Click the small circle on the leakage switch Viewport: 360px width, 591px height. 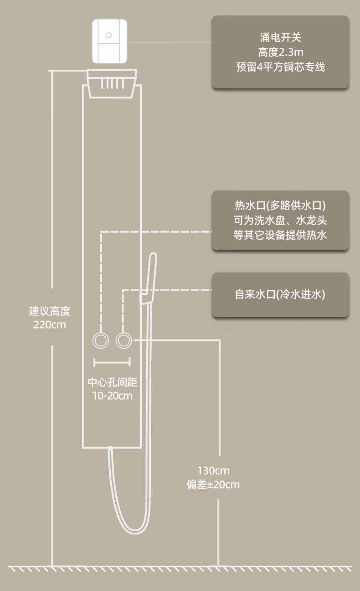(x=108, y=35)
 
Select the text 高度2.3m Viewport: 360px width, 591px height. (x=280, y=52)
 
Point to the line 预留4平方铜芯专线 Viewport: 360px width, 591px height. (x=280, y=67)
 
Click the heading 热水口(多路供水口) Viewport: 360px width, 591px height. (x=280, y=206)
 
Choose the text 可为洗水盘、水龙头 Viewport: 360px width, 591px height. (x=280, y=221)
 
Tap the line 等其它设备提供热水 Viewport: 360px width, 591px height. (x=280, y=235)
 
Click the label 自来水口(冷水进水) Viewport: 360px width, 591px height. (x=280, y=294)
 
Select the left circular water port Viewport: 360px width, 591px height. (x=101, y=340)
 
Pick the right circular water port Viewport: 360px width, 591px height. (x=123, y=340)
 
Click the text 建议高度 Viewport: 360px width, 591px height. (x=50, y=312)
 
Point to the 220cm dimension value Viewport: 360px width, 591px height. (x=50, y=325)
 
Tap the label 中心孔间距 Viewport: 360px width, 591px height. (x=112, y=382)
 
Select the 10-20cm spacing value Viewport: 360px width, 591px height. (x=112, y=396)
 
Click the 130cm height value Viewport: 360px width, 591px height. (x=213, y=470)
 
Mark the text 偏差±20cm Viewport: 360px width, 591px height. (x=213, y=484)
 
